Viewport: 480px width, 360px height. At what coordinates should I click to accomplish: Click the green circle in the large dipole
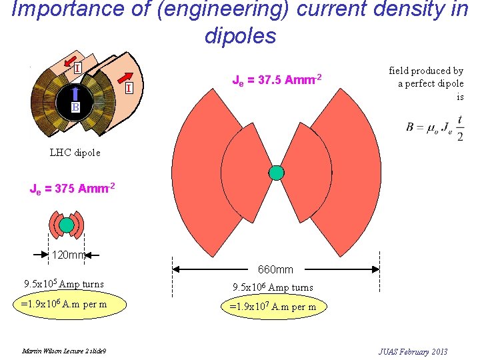276,173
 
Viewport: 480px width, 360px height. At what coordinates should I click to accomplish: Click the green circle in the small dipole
66,225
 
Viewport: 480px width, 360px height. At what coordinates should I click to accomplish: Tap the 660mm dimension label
275,269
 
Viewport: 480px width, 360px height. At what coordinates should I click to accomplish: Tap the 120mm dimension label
69,254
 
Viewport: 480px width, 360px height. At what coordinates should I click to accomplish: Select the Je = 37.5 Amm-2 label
277,80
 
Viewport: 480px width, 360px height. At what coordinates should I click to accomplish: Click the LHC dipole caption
75,152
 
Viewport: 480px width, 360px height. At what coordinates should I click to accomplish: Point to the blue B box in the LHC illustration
76,107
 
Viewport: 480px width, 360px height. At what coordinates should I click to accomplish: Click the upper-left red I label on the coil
77,67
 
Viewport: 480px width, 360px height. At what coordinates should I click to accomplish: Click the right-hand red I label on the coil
127,88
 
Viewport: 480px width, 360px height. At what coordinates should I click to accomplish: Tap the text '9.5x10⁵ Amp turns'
64,284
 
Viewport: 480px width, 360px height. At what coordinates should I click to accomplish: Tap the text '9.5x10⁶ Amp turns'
273,288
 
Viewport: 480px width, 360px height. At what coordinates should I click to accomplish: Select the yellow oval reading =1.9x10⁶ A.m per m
64,305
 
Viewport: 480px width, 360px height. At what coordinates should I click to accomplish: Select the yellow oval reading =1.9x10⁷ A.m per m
273,307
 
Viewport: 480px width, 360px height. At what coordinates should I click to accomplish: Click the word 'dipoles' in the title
240,36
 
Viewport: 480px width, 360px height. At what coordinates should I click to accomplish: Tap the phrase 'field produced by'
426,71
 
